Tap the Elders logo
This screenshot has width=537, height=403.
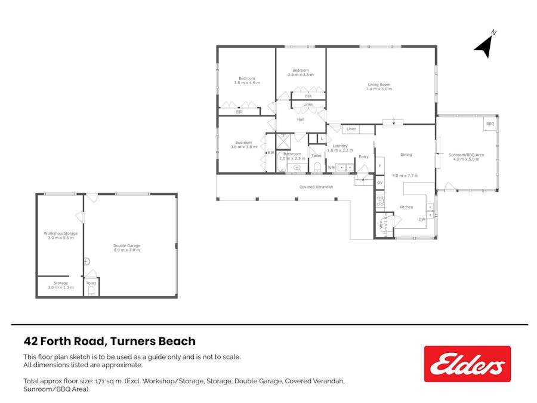pos(467,364)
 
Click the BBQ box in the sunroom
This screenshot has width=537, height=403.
pos(490,124)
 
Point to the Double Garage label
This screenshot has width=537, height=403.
pos(127,248)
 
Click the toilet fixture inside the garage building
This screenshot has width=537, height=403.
pos(91,291)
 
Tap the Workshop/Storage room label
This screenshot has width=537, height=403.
pos(59,235)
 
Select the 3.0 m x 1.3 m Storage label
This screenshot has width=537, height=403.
pos(60,285)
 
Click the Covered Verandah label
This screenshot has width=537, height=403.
pos(316,187)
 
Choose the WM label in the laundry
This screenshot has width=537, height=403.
pos(331,168)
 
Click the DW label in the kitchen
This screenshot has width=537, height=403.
pos(421,220)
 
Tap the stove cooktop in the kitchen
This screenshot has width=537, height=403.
pos(380,201)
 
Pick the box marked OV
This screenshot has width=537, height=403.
pos(379,182)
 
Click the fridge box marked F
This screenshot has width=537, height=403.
pos(379,166)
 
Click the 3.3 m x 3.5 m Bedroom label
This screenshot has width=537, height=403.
pos(300,72)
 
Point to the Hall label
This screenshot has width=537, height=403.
pos(301,119)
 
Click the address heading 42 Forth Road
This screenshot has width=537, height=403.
pos(109,342)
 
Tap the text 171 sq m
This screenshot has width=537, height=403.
pos(107,380)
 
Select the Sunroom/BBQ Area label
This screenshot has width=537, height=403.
pos(466,157)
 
